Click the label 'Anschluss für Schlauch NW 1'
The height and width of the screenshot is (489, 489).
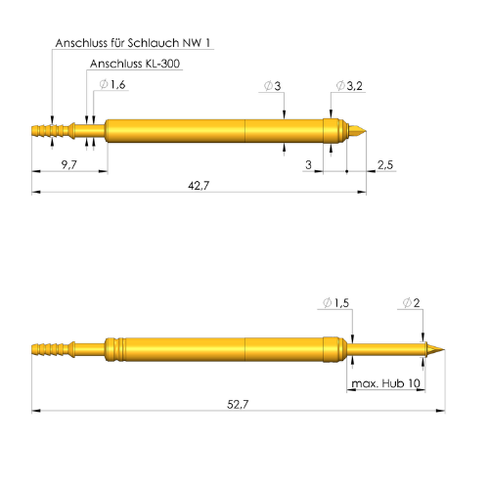[x=132, y=44]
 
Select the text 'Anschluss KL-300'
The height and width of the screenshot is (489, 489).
[x=134, y=65]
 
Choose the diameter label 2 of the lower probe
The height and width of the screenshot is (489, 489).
[x=417, y=303]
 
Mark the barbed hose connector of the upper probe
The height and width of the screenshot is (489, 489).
[x=53, y=129]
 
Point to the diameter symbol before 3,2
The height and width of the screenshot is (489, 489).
[x=339, y=86]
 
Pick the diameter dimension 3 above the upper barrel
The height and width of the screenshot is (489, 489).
[x=278, y=86]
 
